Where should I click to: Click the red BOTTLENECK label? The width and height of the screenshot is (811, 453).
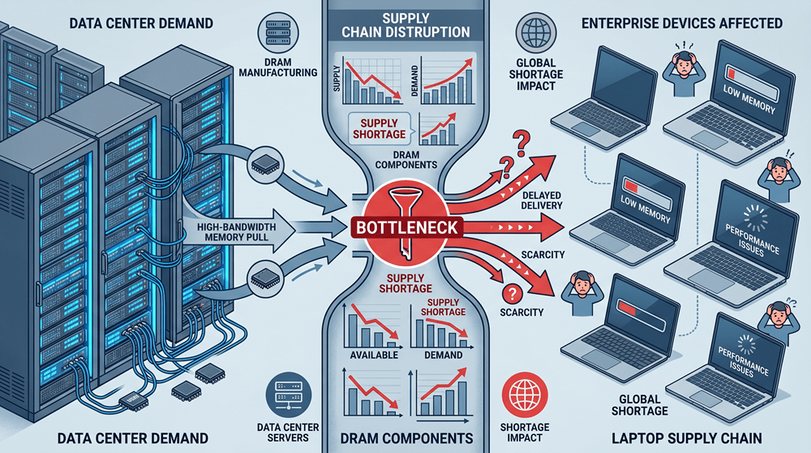[407, 228]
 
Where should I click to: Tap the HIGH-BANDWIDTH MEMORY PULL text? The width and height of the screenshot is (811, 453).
[236, 232]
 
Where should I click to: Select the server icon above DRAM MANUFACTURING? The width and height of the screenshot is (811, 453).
[277, 33]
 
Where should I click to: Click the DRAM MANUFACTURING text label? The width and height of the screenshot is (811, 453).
[277, 67]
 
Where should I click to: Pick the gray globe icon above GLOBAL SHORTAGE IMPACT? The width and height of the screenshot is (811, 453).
[535, 33]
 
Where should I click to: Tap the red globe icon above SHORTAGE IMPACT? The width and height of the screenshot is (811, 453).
[525, 395]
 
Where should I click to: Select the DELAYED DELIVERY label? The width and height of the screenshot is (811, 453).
[542, 201]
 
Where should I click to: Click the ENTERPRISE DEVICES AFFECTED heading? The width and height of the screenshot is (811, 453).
[682, 24]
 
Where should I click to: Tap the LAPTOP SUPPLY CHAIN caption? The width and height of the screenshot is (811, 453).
[687, 438]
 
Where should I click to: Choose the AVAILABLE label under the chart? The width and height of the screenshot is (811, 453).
[374, 355]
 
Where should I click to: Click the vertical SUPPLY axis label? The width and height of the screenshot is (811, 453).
[337, 80]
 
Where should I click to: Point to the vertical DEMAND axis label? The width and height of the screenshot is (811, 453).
[414, 81]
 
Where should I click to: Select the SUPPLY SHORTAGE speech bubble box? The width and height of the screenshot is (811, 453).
[379, 129]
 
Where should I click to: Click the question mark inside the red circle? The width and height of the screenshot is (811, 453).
[512, 294]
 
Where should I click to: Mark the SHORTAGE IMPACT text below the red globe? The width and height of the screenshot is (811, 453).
[525, 432]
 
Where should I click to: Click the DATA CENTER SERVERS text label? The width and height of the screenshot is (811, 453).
[288, 432]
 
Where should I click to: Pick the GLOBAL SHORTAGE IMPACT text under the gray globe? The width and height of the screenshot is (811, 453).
[536, 75]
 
